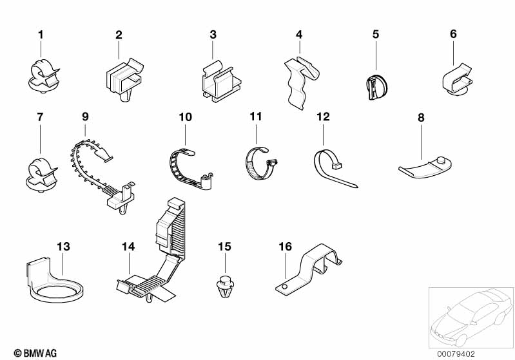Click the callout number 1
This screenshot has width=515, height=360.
pos(41,35)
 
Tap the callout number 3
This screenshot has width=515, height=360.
pos(213,35)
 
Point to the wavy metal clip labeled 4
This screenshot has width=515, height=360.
pos(300,82)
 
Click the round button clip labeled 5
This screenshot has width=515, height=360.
pos(376,87)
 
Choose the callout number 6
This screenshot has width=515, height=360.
pos(453,33)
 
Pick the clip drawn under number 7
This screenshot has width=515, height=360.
pos(41,174)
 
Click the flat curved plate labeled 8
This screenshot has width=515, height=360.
pos(425,167)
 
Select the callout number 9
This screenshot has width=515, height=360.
pos(85,117)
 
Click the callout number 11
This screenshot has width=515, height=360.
pos(256,117)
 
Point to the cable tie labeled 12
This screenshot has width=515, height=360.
pos(333,168)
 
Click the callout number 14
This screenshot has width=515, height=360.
pos(128,247)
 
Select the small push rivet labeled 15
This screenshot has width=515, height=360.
pos(225,287)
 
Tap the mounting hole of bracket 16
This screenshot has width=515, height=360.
pos(285,287)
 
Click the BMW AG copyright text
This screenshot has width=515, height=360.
pos(35,353)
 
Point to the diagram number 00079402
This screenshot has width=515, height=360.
pos(456,354)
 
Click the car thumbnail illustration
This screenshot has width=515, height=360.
pos(471,317)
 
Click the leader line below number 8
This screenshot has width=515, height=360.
pos(422,142)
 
